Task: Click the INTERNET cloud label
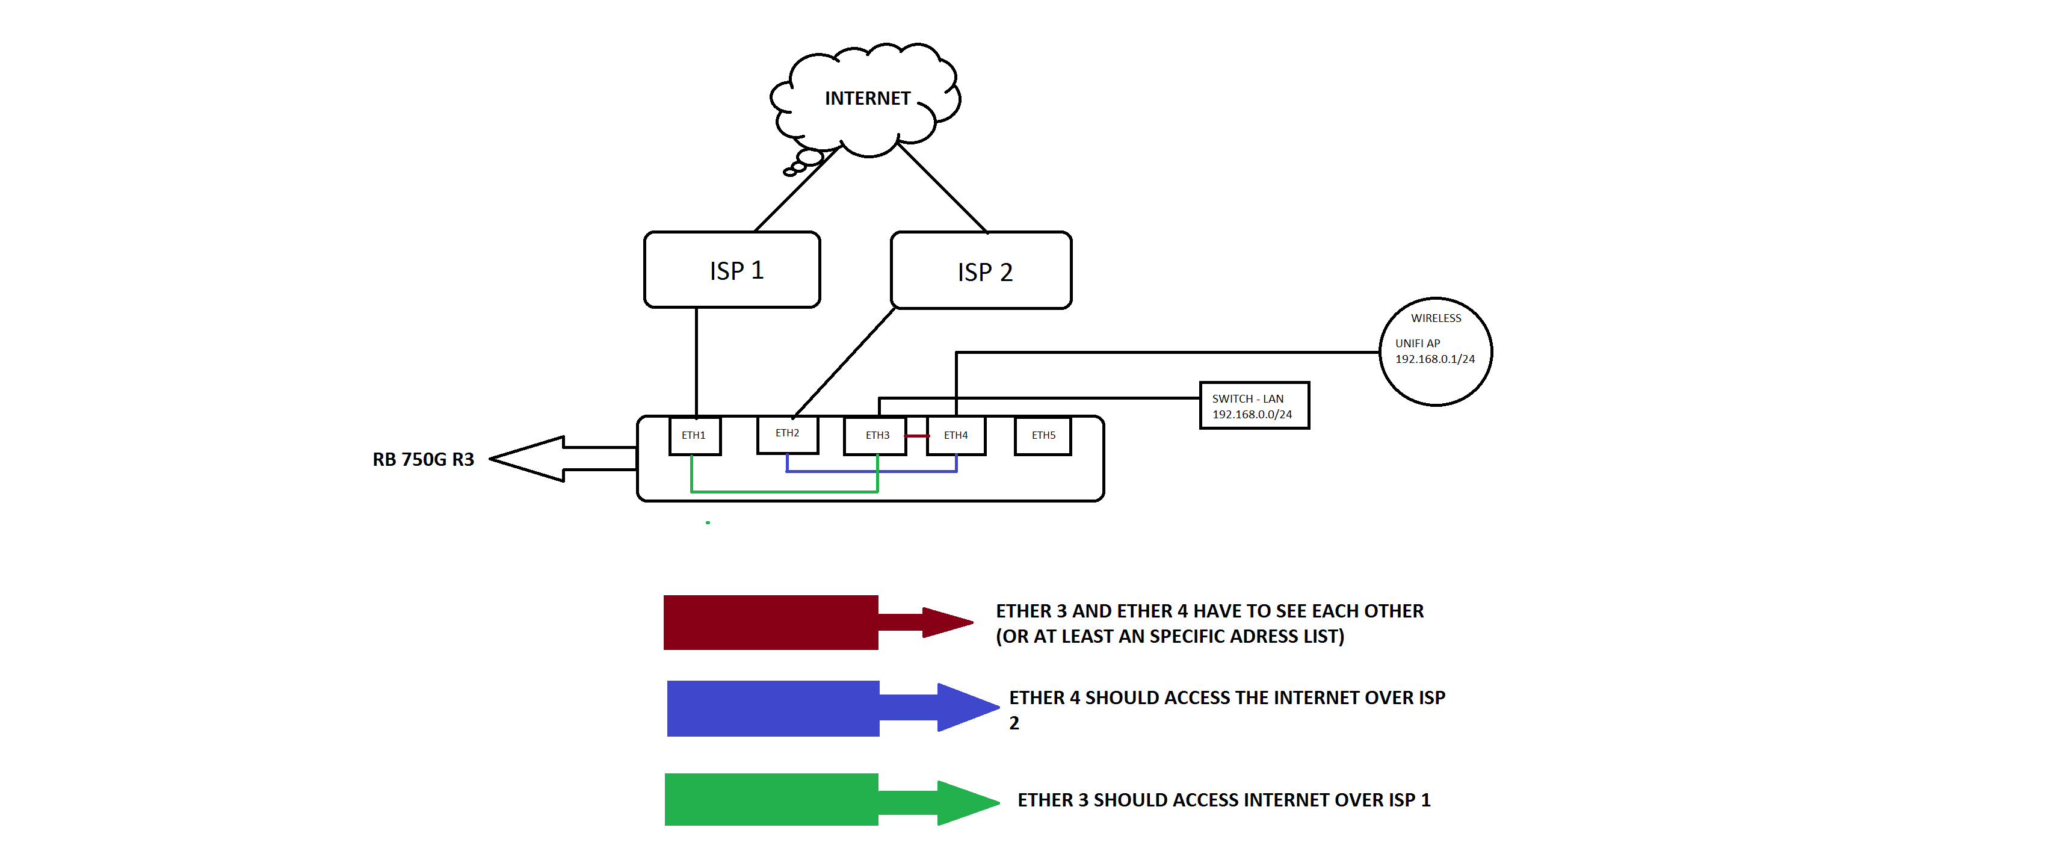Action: coord(867,99)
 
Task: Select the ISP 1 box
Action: coord(732,270)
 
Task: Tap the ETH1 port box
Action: coord(694,436)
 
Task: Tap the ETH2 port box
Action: coord(788,434)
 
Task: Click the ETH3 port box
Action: coord(875,436)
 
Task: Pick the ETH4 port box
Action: coord(956,436)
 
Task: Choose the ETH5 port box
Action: coord(1043,436)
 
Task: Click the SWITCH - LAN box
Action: coord(1254,406)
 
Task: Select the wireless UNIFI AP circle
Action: coord(1435,351)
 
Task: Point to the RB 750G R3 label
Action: coord(423,460)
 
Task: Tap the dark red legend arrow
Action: coord(795,622)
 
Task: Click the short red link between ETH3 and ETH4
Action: coord(916,436)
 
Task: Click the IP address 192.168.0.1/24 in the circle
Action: coord(1434,359)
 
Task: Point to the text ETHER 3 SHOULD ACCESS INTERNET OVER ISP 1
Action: coord(1224,800)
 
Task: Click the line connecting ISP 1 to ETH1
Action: coord(696,362)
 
